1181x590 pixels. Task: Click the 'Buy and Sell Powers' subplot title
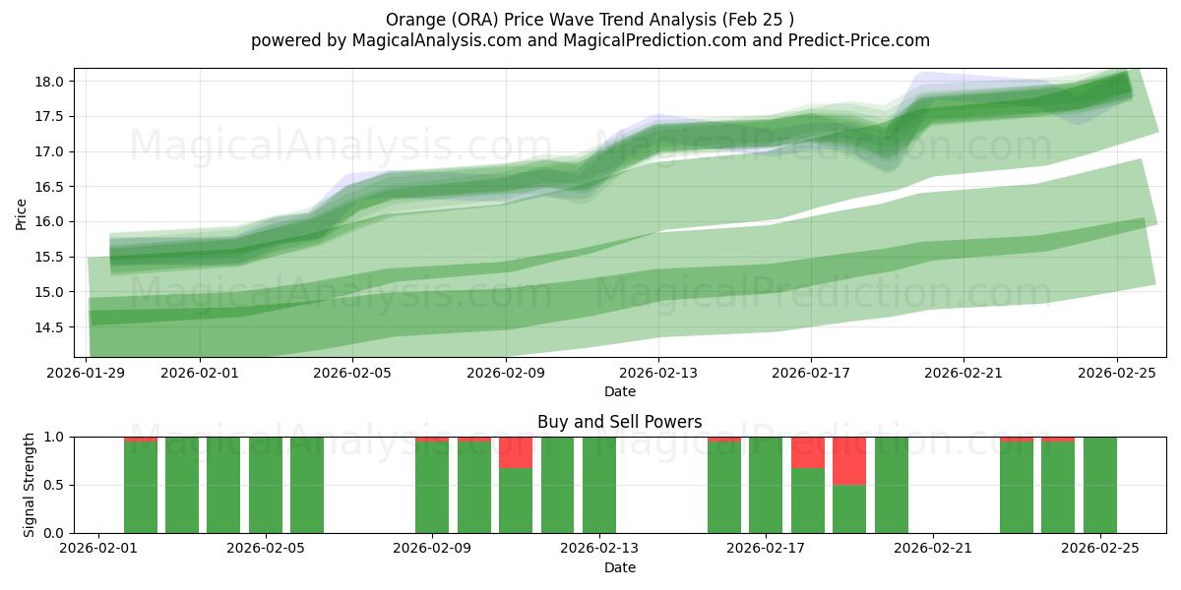pyautogui.click(x=619, y=422)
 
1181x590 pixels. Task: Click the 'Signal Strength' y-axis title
pyautogui.click(x=30, y=485)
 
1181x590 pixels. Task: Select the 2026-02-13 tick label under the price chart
pyautogui.click(x=658, y=373)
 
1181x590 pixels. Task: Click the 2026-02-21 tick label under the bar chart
pyautogui.click(x=932, y=549)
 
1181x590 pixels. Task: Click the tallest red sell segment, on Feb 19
pyautogui.click(x=849, y=460)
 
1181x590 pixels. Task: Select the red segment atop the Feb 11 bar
pyautogui.click(x=516, y=452)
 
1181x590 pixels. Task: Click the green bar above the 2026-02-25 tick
pyautogui.click(x=1099, y=485)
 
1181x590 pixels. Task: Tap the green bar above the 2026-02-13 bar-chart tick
pyautogui.click(x=599, y=485)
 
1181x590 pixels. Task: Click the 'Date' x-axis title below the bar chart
pyautogui.click(x=619, y=567)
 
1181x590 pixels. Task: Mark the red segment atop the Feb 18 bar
pyautogui.click(x=808, y=452)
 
